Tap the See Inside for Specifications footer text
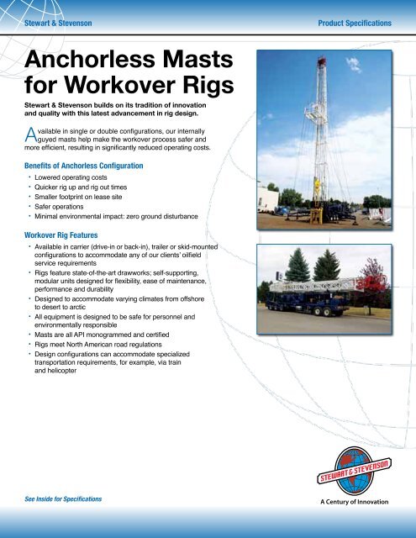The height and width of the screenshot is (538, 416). [x=72, y=498]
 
